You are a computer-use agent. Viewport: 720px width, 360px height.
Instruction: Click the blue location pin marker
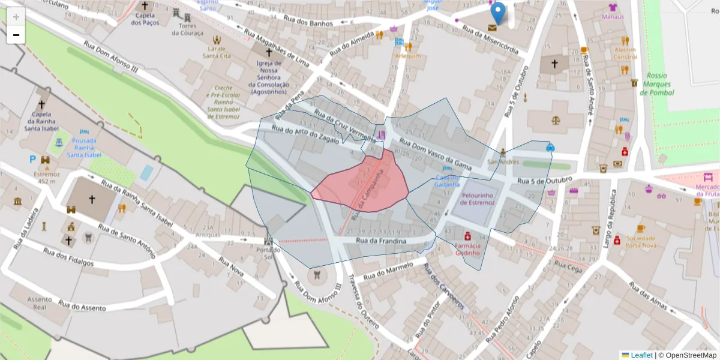(x=497, y=13)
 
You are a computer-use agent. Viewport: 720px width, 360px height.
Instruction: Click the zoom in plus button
(x=16, y=17)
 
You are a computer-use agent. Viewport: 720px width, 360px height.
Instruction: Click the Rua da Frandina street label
(x=381, y=241)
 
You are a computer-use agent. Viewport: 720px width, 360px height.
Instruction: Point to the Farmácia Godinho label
(x=468, y=249)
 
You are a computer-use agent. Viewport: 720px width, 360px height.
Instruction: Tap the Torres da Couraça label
(x=184, y=29)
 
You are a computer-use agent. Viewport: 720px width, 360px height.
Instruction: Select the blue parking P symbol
(x=32, y=160)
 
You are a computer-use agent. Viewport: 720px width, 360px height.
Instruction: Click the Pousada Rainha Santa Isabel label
(x=84, y=148)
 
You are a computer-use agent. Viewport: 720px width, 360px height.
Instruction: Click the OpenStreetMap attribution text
(x=687, y=355)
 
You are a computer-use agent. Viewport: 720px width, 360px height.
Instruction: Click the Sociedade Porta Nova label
(x=640, y=241)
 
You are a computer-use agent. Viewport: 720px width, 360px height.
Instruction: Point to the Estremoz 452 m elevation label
(x=47, y=178)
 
